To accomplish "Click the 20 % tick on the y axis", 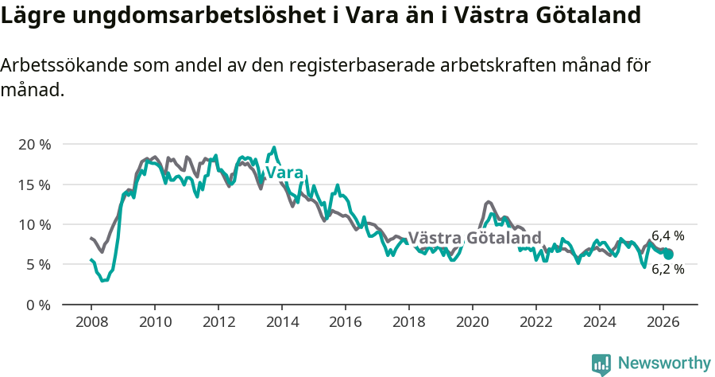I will (34, 145).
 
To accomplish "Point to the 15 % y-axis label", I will (34, 185).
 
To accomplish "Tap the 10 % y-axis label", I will (34, 224).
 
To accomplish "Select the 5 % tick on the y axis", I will (38, 264).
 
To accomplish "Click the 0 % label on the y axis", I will (38, 305).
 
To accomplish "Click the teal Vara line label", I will (284, 173).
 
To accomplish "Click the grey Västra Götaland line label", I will (474, 238).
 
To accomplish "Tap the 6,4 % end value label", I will (667, 235).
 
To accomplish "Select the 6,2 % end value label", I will (667, 270).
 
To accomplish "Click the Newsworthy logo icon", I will (601, 363).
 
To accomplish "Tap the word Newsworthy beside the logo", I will (663, 363).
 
